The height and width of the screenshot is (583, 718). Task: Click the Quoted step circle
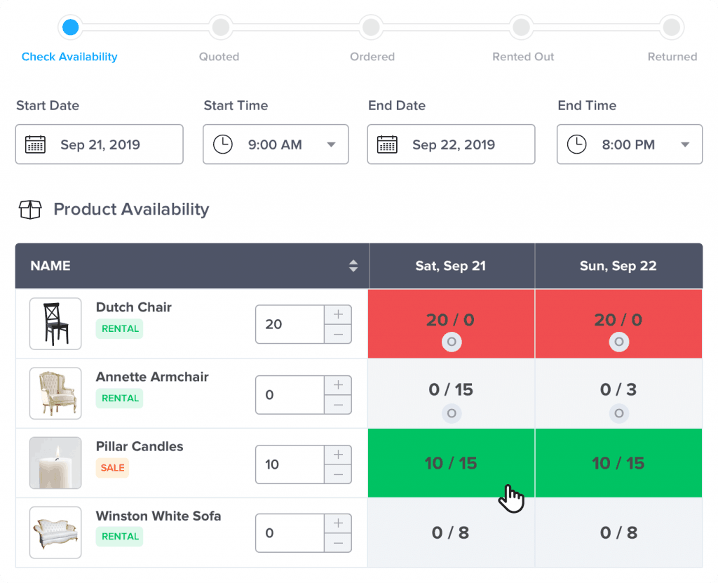click(x=220, y=27)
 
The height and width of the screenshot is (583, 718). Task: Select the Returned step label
click(x=672, y=57)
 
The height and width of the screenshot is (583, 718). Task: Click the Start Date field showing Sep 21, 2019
click(x=99, y=145)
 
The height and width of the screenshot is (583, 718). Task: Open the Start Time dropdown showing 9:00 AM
click(x=276, y=145)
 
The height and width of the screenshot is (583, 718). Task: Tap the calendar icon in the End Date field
click(x=387, y=145)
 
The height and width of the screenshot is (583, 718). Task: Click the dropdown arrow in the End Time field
click(x=684, y=145)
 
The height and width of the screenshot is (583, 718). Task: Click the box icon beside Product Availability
click(x=30, y=210)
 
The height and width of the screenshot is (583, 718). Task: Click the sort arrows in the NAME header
click(x=353, y=266)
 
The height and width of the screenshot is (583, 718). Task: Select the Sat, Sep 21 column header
click(x=451, y=266)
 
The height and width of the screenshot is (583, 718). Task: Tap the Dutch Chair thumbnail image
click(x=55, y=323)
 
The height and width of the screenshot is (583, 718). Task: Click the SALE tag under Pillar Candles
click(x=112, y=468)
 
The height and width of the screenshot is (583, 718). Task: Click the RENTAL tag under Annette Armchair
click(x=120, y=398)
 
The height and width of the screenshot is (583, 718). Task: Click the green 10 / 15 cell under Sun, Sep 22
click(x=618, y=463)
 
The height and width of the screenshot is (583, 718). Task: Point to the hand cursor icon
click(x=511, y=498)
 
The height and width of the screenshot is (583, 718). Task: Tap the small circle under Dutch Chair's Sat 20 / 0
click(x=452, y=342)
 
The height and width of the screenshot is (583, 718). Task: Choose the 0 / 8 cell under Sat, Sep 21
click(x=451, y=533)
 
